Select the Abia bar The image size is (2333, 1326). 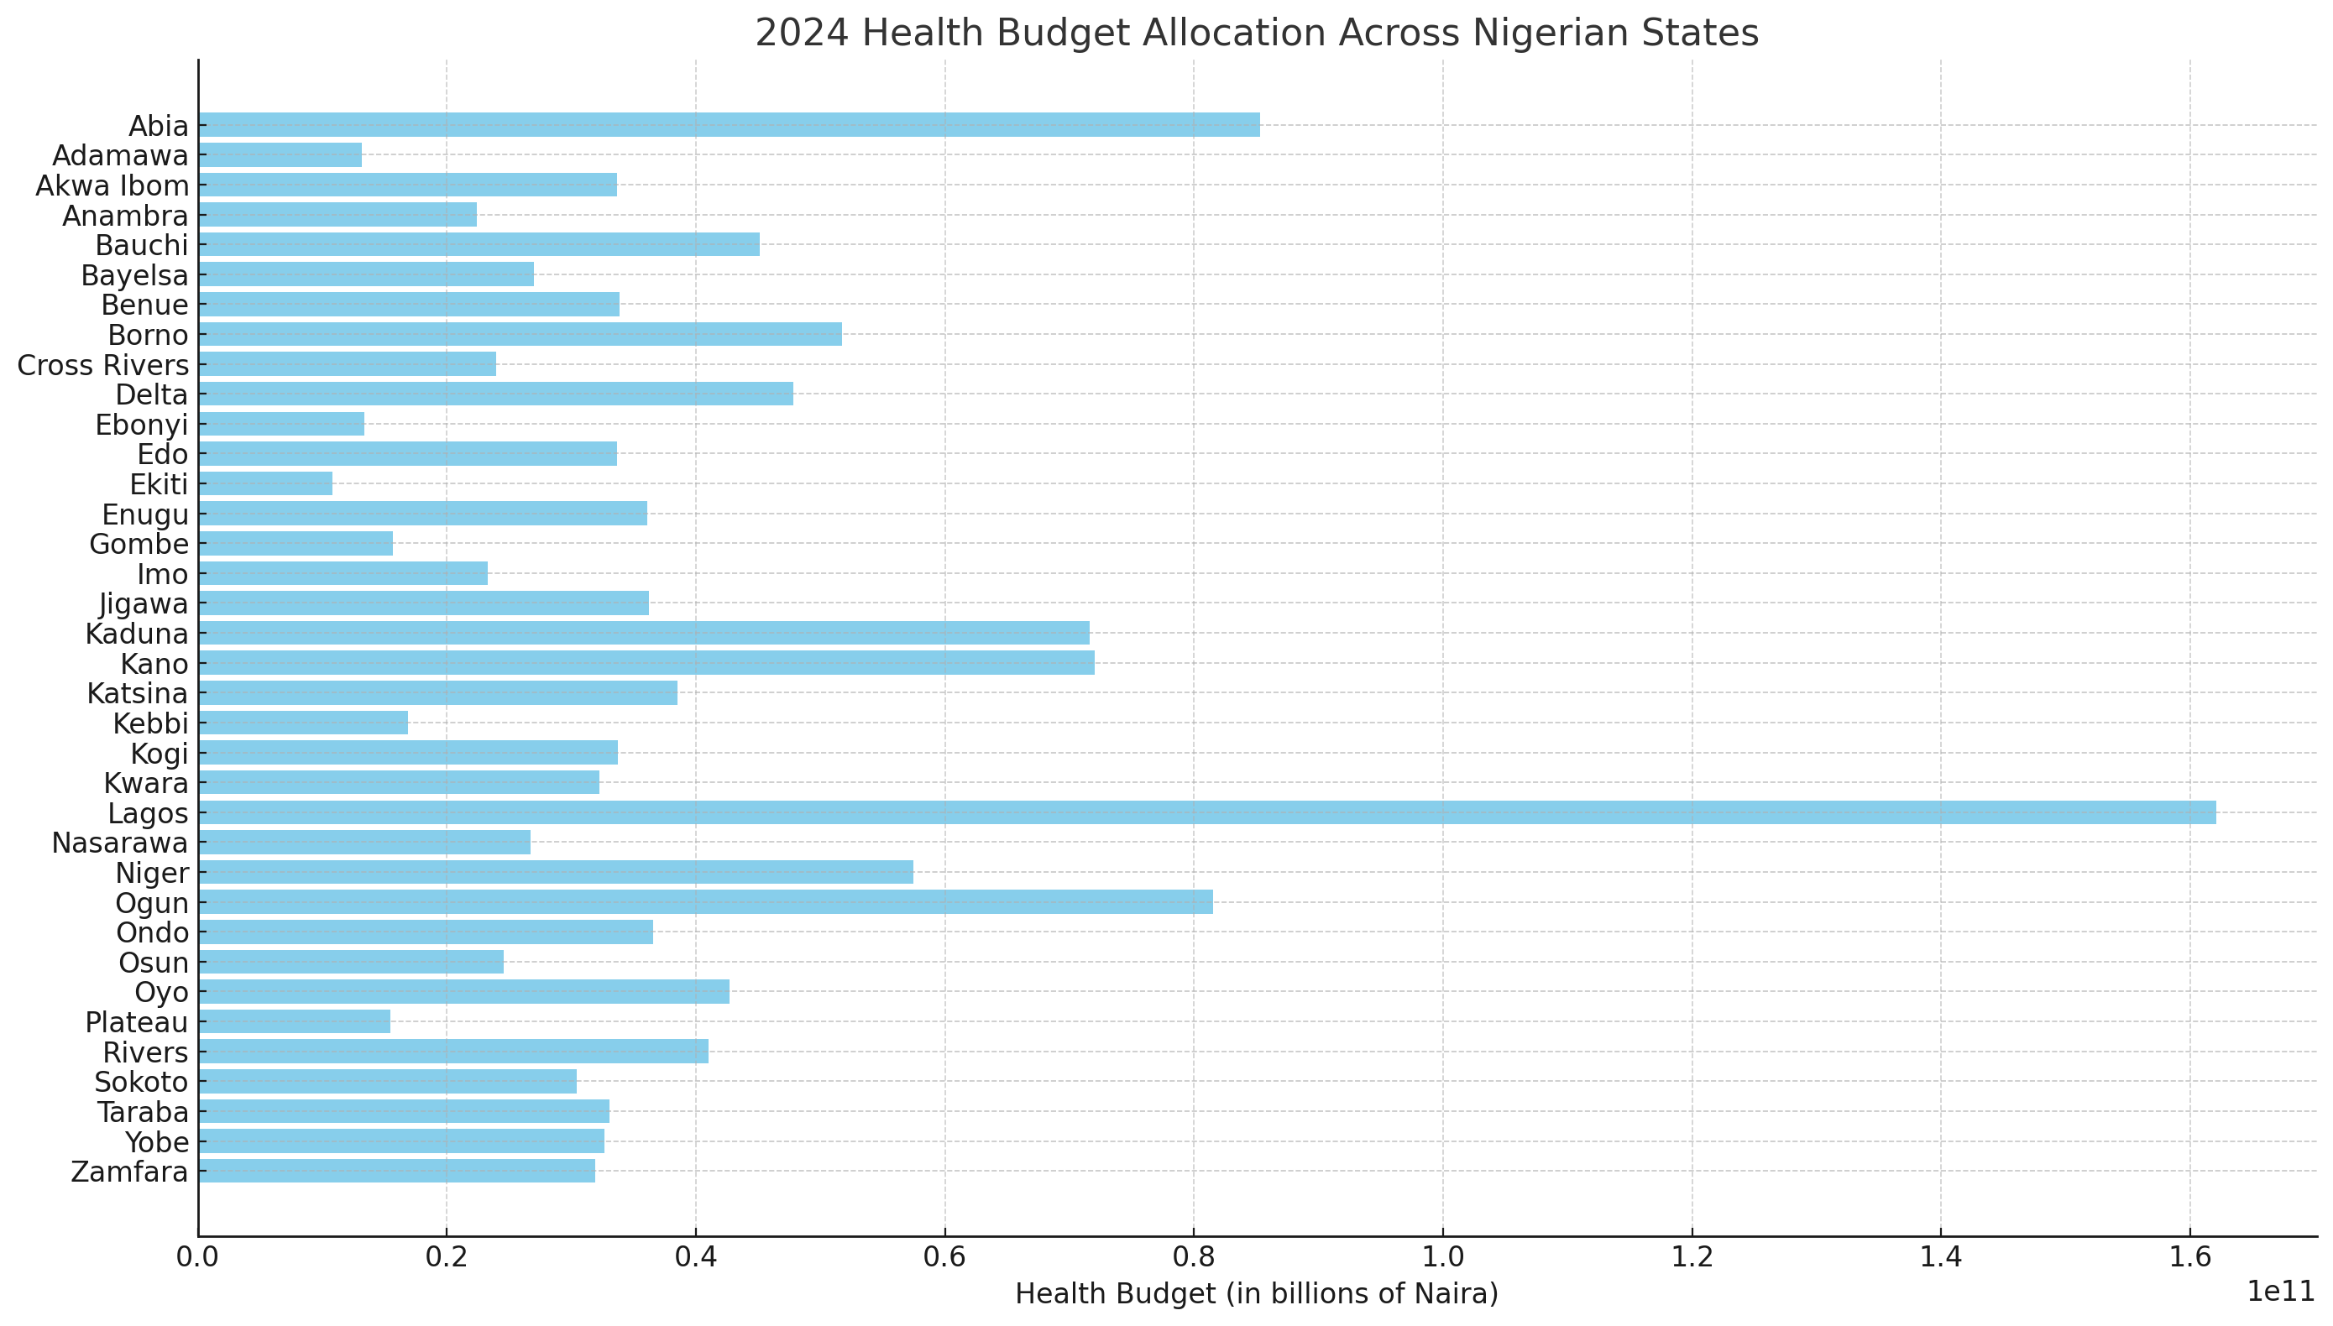pos(729,125)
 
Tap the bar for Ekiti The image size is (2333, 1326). pos(265,483)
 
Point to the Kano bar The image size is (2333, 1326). pos(646,663)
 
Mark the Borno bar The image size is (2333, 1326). pos(520,334)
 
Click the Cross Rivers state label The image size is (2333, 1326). pos(103,365)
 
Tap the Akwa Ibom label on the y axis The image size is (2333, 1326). pos(112,185)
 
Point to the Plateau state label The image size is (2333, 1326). pos(137,1022)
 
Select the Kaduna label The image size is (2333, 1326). pos(137,634)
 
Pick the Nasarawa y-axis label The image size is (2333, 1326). pos(119,843)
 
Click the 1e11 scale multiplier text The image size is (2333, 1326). pos(2280,1291)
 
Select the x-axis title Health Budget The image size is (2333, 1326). pos(1256,1293)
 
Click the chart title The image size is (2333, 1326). pos(1256,33)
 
